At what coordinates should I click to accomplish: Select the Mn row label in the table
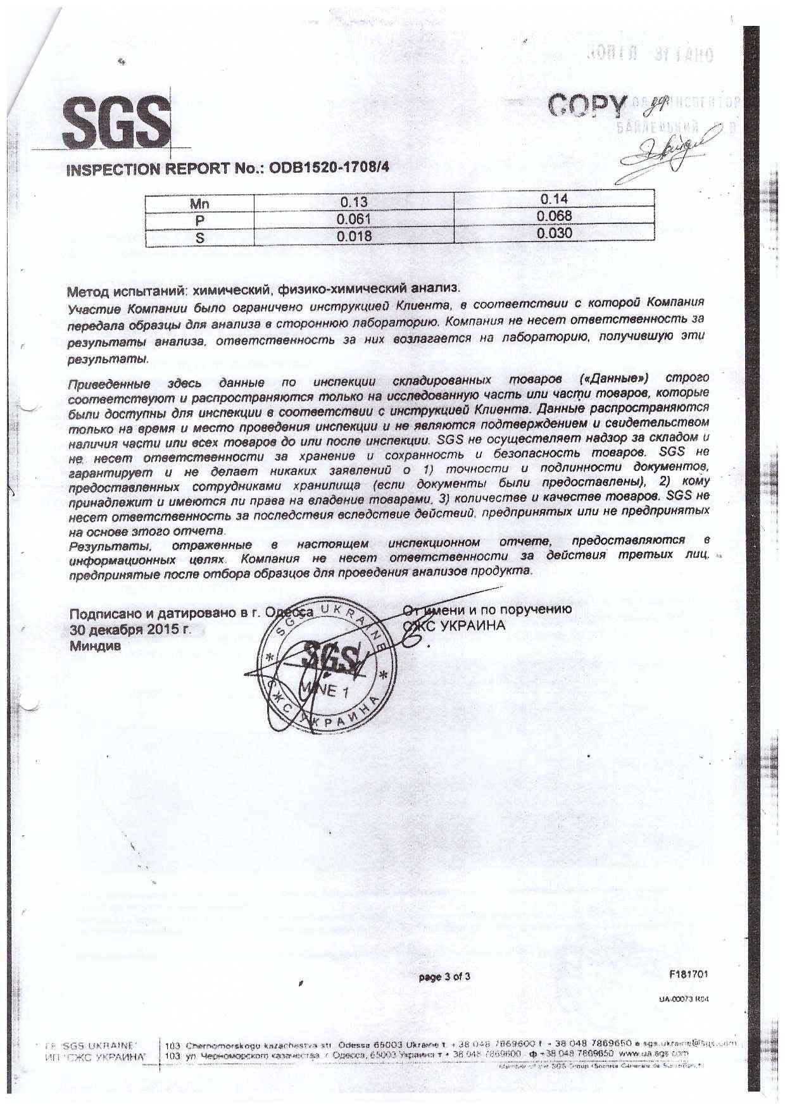click(199, 204)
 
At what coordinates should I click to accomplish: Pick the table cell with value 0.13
click(354, 203)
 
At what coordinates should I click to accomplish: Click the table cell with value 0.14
click(554, 200)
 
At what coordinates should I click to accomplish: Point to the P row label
click(199, 220)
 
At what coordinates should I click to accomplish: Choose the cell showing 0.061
click(354, 219)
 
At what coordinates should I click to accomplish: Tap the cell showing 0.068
click(554, 216)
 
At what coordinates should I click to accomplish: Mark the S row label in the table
click(199, 238)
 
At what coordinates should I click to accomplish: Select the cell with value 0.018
click(354, 236)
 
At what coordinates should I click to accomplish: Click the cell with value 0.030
click(554, 233)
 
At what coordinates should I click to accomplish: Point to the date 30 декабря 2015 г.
click(130, 630)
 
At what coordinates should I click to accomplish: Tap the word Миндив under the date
click(94, 646)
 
